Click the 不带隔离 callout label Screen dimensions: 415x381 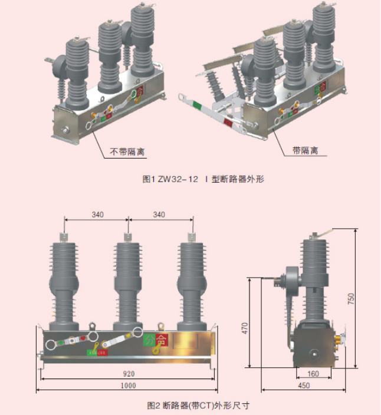(x=127, y=151)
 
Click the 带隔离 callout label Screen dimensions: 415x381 (x=305, y=150)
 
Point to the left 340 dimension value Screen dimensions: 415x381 (x=97, y=215)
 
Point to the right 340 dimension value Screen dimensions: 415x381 (x=159, y=215)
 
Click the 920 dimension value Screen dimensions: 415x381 (x=129, y=374)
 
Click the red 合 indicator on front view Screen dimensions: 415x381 (x=162, y=340)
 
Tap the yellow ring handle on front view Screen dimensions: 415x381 (x=156, y=352)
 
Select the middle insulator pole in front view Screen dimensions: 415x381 (x=127, y=283)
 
